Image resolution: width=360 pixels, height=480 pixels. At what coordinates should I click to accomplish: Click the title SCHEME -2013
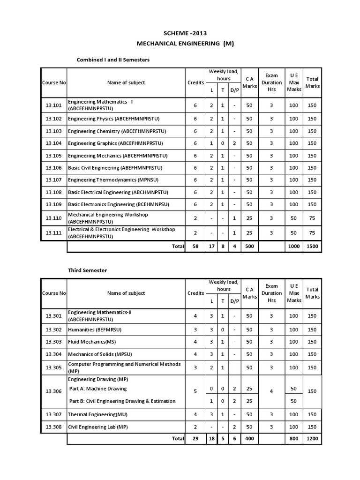185,33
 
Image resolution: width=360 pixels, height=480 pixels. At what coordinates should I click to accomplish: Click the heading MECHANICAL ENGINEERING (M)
185,44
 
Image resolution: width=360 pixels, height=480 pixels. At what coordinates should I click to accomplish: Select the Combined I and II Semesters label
113,60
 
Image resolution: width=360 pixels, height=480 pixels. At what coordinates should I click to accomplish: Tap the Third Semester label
88,270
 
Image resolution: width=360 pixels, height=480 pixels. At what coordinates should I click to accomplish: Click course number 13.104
53,143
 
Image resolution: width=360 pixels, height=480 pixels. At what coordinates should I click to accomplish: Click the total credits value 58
195,246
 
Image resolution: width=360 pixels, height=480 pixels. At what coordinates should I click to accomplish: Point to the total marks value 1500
312,246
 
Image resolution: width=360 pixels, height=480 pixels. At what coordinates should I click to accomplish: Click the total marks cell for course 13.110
312,218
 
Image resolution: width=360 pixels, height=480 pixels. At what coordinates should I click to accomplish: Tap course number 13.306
53,391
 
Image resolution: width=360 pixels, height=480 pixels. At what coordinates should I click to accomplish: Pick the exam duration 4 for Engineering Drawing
271,391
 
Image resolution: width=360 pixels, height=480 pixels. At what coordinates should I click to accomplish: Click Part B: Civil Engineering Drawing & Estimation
122,401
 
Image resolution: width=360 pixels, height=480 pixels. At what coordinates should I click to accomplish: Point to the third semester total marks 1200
312,439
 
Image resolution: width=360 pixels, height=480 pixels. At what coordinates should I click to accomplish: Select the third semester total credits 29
195,439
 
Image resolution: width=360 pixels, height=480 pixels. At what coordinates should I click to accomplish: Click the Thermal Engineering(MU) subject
97,414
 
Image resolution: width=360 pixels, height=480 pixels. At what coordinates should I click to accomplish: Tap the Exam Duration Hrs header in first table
271,82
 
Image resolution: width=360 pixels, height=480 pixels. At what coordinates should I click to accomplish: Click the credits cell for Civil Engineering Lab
195,427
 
